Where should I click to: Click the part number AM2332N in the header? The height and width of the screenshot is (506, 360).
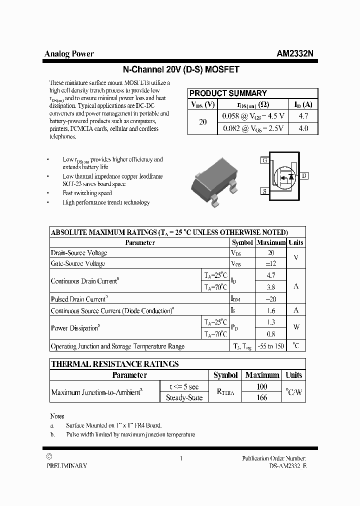click(x=295, y=54)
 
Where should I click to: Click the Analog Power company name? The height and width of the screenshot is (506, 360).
click(x=69, y=54)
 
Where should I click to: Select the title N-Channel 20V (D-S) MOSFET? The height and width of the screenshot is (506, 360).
click(x=181, y=70)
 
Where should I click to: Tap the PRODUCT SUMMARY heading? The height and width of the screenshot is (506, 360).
click(x=228, y=93)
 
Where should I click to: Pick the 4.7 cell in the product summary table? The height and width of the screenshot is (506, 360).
click(x=303, y=116)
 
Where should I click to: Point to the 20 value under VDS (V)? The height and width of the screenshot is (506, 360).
click(x=202, y=122)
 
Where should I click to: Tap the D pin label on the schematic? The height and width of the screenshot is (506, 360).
click(x=304, y=175)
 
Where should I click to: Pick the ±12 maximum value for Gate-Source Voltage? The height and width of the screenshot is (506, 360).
click(x=271, y=263)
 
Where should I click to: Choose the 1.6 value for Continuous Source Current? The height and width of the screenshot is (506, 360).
click(x=271, y=310)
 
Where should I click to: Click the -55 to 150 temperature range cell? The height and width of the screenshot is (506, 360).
click(x=271, y=346)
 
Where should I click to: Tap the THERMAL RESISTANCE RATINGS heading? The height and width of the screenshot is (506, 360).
click(x=115, y=364)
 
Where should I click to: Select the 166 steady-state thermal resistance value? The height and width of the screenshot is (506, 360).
click(x=261, y=397)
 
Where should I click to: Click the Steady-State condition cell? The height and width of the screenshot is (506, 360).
click(x=184, y=397)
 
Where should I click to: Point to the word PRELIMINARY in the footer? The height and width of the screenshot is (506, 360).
click(x=66, y=465)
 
